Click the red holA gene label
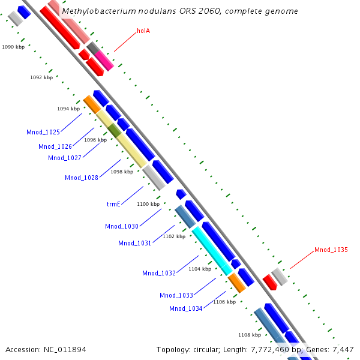[143, 31]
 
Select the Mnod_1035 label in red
[331, 250]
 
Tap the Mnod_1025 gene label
[43, 132]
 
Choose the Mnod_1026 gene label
[55, 146]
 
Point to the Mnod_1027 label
[65, 158]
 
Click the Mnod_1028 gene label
[82, 178]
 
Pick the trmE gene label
[114, 204]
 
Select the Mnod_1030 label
[122, 226]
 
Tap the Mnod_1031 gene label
[135, 243]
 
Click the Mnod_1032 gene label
[159, 273]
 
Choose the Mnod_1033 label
[176, 295]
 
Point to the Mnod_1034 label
[186, 308]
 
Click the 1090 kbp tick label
[13, 46]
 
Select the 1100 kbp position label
[148, 204]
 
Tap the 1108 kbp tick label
[250, 335]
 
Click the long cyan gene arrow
[212, 251]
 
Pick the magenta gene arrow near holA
[103, 59]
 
